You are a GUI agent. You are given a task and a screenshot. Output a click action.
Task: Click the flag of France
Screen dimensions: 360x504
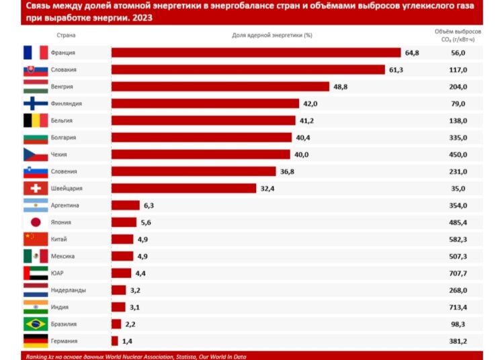36,52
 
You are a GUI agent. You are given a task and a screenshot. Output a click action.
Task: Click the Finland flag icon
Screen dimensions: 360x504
36,103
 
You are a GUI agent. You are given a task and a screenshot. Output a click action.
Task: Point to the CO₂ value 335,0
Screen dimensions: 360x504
458,138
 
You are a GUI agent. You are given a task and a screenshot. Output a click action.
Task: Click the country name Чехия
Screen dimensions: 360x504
58,154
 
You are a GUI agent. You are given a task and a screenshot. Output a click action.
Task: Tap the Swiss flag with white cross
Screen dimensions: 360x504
36,188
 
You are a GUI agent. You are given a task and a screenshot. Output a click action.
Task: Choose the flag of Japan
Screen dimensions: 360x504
36,222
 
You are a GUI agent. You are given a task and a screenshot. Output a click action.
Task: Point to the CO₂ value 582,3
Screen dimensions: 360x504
458,239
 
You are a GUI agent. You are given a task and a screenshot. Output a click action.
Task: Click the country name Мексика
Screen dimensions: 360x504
62,256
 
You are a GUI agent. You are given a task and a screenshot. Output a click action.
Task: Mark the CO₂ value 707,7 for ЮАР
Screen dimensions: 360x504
458,273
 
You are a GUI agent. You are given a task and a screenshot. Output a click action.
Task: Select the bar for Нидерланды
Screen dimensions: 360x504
118,290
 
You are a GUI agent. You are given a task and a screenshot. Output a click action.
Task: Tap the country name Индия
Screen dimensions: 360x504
60,307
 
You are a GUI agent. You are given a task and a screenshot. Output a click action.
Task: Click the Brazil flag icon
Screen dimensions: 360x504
36,324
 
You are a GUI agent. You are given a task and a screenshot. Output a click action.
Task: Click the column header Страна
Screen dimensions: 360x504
66,34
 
